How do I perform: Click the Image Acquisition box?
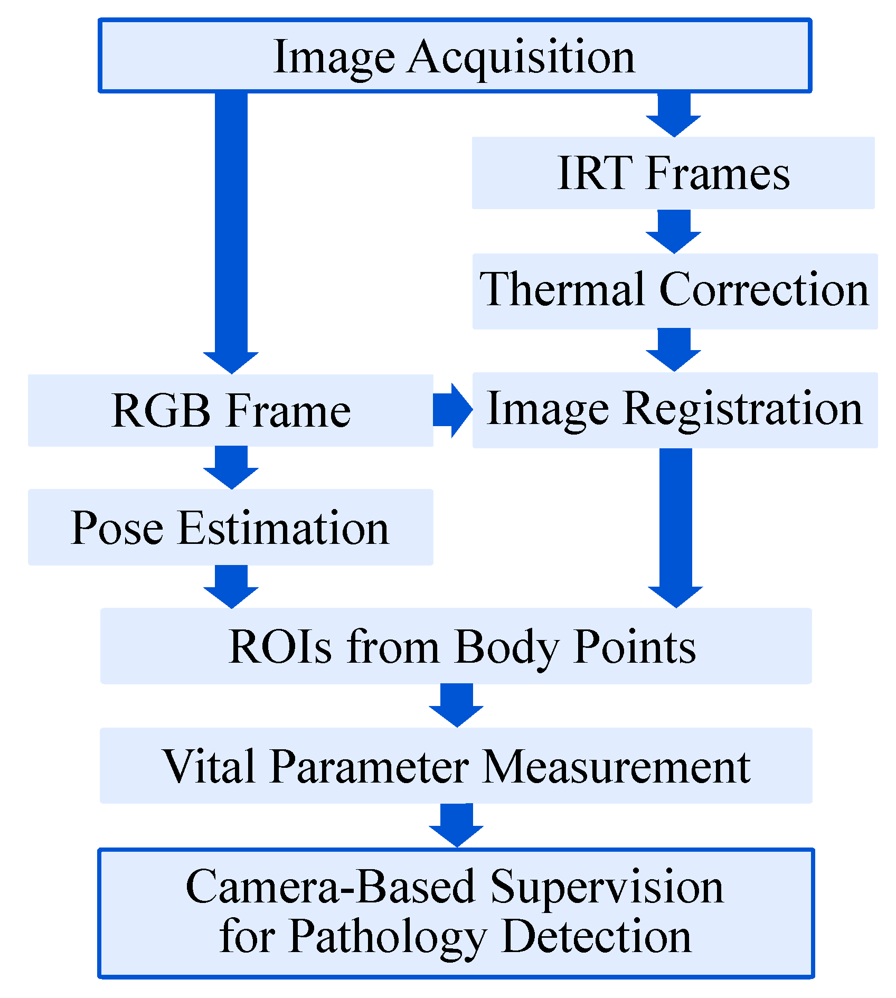[x=455, y=56]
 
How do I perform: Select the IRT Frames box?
[x=673, y=173]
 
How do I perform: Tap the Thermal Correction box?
[x=674, y=291]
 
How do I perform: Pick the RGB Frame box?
[x=231, y=411]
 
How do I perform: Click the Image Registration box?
[x=674, y=410]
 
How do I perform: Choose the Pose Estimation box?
[x=231, y=527]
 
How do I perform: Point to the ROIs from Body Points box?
[x=456, y=646]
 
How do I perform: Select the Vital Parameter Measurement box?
[x=456, y=765]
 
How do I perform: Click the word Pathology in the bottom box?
[x=386, y=935]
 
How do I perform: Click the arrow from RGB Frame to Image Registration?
[x=452, y=410]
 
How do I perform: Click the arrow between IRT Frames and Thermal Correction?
[x=673, y=231]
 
